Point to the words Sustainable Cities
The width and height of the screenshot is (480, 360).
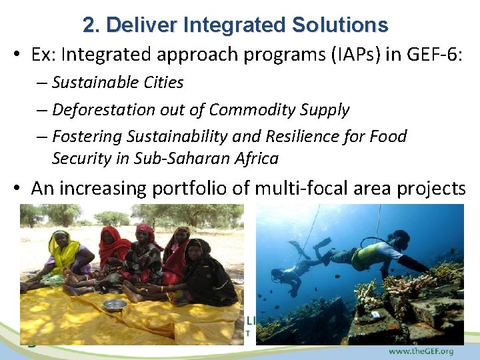point(118,83)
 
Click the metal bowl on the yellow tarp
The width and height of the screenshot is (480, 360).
point(115,304)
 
